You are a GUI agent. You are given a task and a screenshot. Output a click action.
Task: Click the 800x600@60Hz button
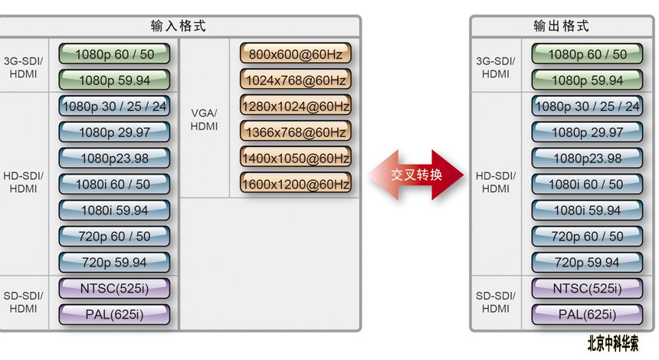(296, 54)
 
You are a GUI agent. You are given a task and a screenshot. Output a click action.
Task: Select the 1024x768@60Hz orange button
(296, 80)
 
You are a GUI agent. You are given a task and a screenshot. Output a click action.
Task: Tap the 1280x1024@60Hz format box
(296, 106)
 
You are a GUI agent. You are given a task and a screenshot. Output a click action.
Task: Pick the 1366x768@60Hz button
(296, 132)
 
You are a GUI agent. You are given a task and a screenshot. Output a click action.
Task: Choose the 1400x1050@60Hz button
(296, 158)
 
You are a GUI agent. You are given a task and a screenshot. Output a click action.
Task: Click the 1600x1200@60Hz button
(296, 184)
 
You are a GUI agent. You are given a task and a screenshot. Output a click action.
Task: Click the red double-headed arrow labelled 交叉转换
(415, 175)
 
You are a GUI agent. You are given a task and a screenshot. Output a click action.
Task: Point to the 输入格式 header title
(179, 26)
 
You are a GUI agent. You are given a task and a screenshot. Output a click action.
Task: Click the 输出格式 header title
(561, 26)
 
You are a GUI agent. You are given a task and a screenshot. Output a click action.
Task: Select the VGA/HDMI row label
(204, 119)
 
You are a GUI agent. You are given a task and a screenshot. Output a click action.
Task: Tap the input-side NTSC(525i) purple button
(114, 289)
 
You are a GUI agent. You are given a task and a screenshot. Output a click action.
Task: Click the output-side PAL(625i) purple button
(587, 315)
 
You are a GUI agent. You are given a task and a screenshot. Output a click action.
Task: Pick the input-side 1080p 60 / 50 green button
(114, 54)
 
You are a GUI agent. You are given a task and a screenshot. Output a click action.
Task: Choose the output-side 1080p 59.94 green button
(587, 80)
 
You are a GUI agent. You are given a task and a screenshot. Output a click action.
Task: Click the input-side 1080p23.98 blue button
(114, 159)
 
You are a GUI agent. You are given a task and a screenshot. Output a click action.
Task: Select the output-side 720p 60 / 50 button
(587, 237)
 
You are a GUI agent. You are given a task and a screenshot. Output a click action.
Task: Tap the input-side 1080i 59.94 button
(114, 211)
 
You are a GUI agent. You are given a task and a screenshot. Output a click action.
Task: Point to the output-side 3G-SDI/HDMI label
(496, 67)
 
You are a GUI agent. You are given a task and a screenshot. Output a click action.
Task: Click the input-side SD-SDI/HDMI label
(23, 302)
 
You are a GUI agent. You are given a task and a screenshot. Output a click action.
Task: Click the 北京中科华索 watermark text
(613, 344)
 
